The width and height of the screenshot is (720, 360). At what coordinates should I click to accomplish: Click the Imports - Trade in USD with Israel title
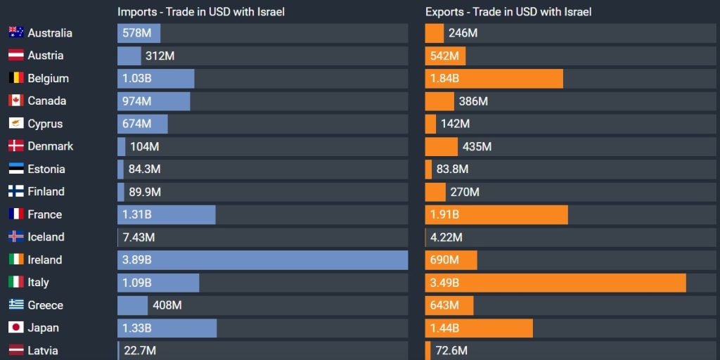click(x=201, y=12)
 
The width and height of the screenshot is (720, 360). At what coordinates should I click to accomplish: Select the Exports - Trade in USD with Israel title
click(x=508, y=12)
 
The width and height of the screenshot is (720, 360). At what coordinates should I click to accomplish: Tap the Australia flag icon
click(x=16, y=33)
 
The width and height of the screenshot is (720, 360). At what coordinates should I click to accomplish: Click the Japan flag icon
click(x=16, y=328)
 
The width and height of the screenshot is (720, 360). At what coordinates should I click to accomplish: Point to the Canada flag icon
click(x=16, y=101)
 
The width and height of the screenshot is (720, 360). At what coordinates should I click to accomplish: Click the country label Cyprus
click(x=45, y=124)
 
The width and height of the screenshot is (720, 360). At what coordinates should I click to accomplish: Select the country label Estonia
click(x=46, y=169)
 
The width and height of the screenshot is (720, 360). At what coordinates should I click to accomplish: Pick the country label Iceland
click(x=46, y=237)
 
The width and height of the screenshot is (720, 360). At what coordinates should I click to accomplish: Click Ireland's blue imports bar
click(x=262, y=259)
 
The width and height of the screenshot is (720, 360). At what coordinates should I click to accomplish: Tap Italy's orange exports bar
click(x=555, y=283)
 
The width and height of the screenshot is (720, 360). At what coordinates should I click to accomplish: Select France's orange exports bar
click(x=496, y=214)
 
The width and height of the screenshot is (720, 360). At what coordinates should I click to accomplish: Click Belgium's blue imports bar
click(x=155, y=78)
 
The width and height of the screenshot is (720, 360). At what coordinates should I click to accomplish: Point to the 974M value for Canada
click(x=136, y=101)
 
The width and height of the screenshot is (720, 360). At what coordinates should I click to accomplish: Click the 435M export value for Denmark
click(x=477, y=146)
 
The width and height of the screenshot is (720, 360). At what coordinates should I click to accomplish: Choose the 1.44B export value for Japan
click(x=444, y=328)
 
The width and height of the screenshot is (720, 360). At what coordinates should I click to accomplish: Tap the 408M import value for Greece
click(x=167, y=305)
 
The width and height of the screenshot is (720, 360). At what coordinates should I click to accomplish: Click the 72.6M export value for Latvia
click(x=452, y=350)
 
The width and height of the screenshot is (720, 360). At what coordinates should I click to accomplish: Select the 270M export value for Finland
click(x=465, y=192)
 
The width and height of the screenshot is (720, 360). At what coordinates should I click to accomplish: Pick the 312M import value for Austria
click(x=160, y=56)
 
